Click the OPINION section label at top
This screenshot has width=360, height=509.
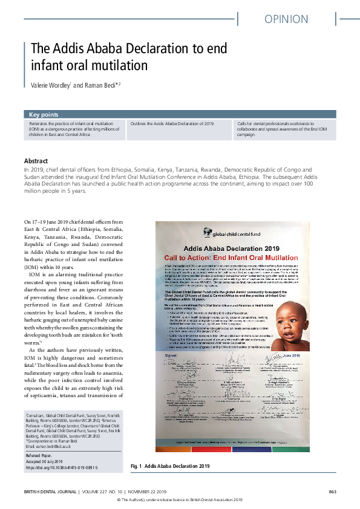(286, 19)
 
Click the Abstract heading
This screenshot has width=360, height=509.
(36, 161)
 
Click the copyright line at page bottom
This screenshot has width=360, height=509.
(180, 500)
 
